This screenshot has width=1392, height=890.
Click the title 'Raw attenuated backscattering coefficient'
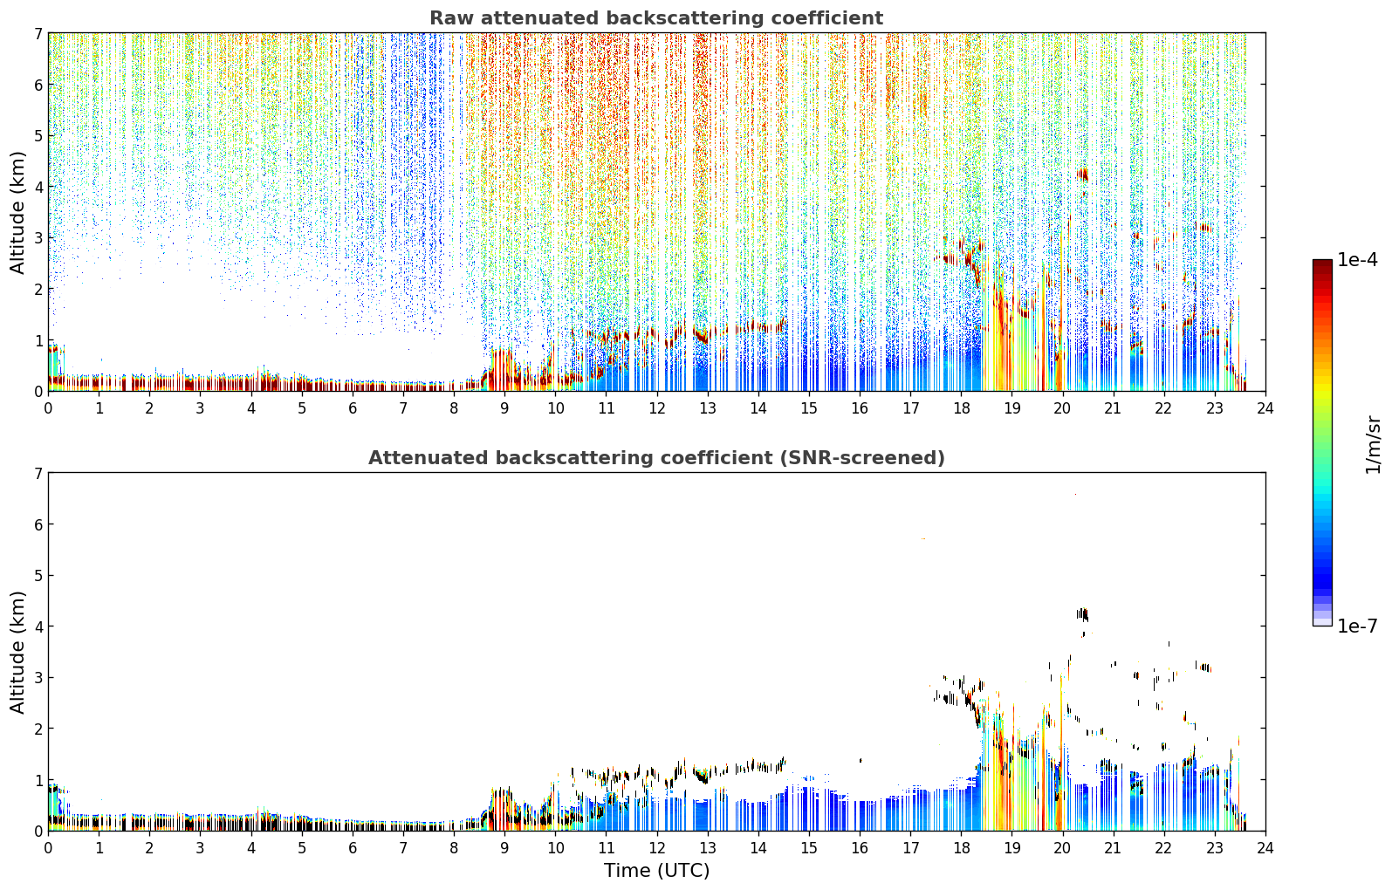(x=656, y=18)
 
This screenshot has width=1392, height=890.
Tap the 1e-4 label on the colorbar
(x=1358, y=260)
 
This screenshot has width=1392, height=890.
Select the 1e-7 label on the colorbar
(x=1358, y=626)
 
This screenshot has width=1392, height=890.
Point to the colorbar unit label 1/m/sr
(x=1372, y=445)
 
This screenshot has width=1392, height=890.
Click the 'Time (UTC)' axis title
(x=656, y=871)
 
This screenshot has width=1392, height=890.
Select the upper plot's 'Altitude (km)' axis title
(x=17, y=213)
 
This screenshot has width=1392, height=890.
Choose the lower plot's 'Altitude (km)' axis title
(x=17, y=652)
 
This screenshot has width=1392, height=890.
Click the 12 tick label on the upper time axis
(x=657, y=408)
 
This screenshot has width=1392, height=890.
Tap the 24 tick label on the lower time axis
(x=1265, y=848)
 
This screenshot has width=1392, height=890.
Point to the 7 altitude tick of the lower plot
(x=38, y=474)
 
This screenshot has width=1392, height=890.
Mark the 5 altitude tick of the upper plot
(x=38, y=135)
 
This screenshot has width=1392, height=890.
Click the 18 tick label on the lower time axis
(x=962, y=848)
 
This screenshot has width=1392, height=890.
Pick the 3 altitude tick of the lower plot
(x=38, y=677)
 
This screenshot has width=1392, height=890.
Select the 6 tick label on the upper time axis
(x=353, y=408)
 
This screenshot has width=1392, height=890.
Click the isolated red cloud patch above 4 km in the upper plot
(x=1082, y=175)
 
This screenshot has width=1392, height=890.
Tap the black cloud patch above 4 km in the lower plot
(x=1082, y=614)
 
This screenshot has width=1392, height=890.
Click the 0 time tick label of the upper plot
(x=49, y=408)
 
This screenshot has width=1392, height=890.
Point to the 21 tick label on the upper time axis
(x=1113, y=408)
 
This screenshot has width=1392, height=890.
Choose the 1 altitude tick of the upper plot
(x=38, y=340)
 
